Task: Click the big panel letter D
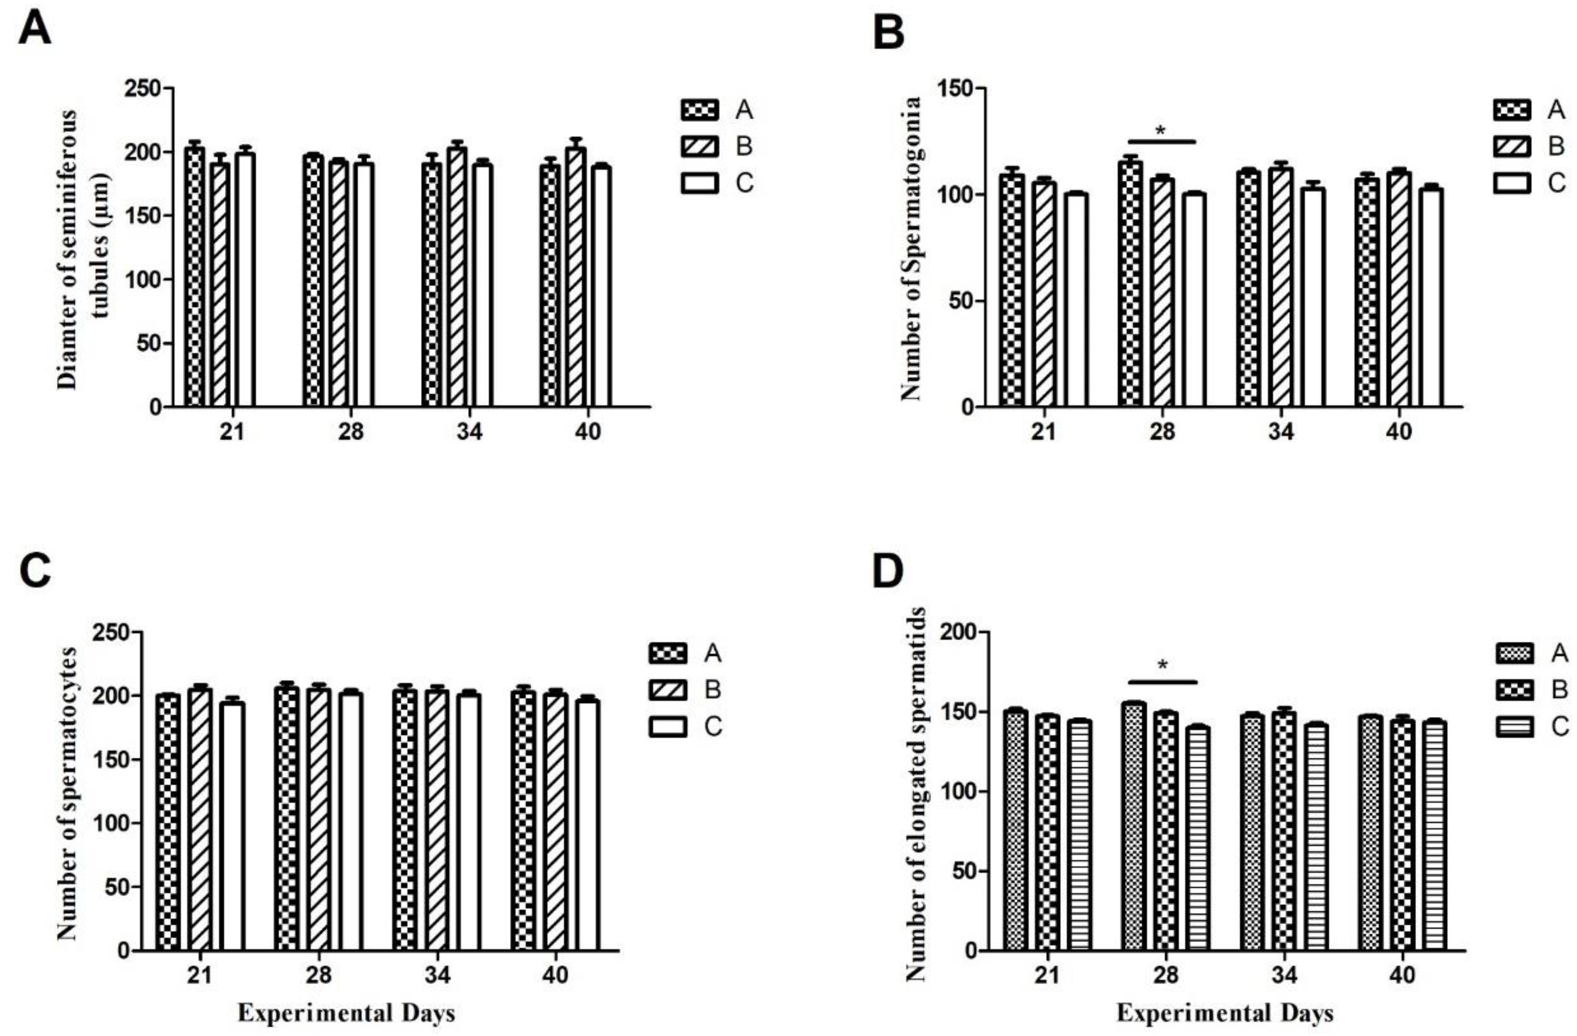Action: [888, 573]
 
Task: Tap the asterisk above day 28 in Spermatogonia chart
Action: [1160, 130]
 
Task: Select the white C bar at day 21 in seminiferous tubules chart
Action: [245, 278]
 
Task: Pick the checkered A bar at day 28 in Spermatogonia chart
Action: [1130, 285]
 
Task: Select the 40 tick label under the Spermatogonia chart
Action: [1399, 431]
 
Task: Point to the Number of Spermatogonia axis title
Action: [911, 248]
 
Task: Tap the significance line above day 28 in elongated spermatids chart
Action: [1162, 681]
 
